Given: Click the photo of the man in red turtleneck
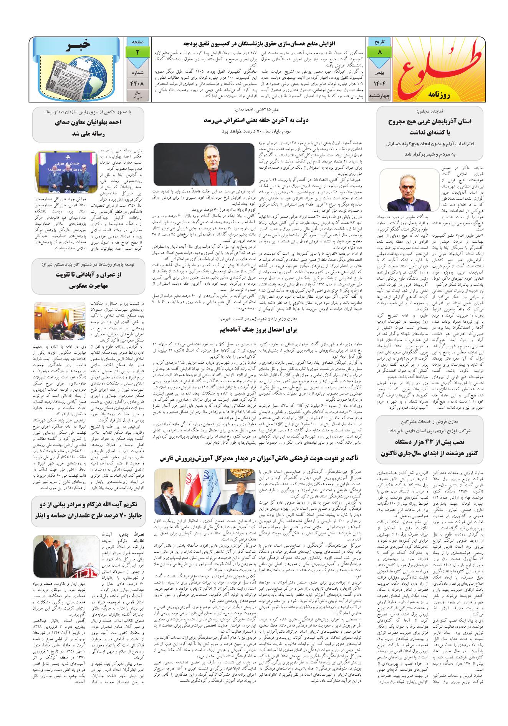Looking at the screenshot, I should [203, 164].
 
